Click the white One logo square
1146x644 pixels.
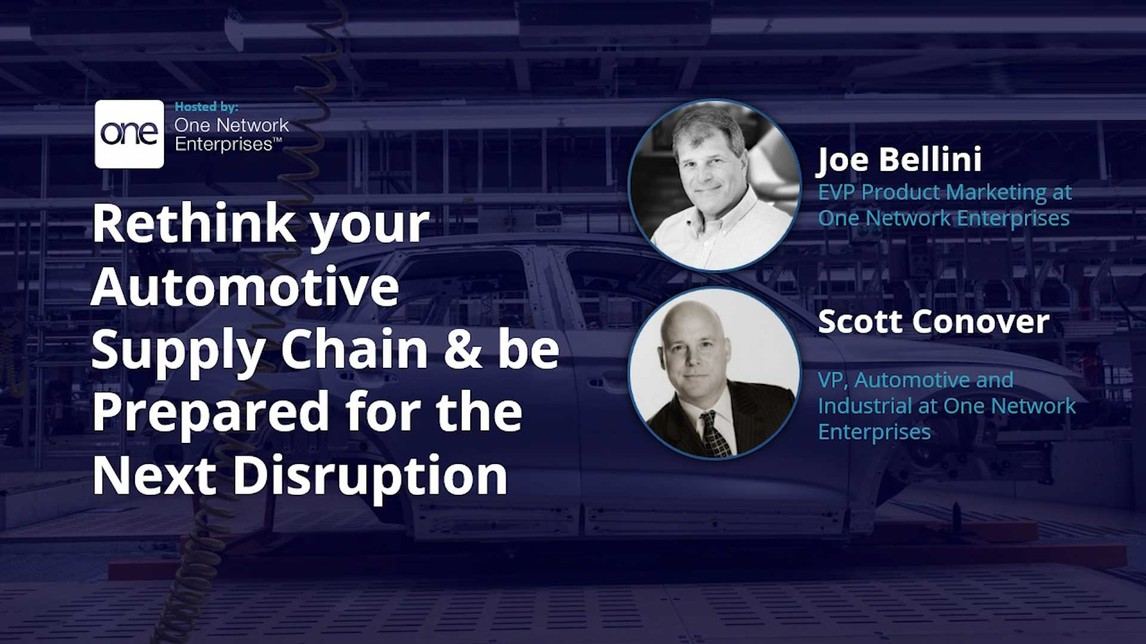(129, 134)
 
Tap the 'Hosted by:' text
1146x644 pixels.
(206, 107)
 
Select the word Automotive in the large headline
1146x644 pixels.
(245, 287)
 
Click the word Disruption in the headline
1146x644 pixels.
(370, 476)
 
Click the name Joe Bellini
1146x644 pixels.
(899, 160)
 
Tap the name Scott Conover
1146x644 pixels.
(933, 322)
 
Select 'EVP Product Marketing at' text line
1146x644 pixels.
(944, 193)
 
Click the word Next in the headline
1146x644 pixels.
(154, 476)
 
